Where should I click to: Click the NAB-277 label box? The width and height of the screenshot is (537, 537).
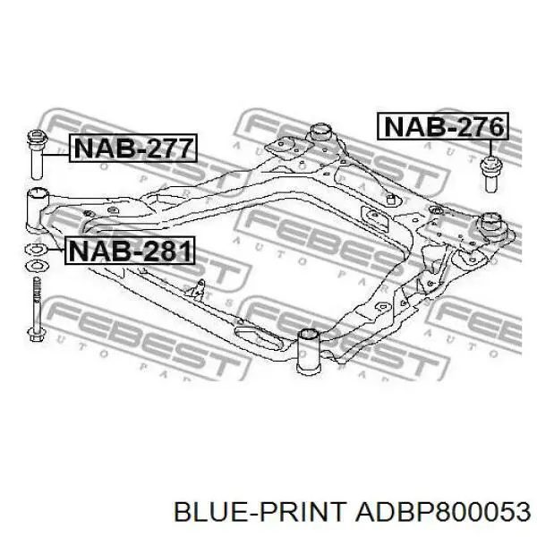[x=133, y=148]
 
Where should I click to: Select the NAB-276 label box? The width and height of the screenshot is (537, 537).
[x=443, y=126]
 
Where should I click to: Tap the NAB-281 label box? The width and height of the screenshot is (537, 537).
[x=130, y=251]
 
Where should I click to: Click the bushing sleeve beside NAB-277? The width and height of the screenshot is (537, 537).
[x=37, y=154]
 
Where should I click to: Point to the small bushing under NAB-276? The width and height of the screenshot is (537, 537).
[x=490, y=174]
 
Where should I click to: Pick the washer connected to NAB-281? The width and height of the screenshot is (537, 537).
[x=37, y=249]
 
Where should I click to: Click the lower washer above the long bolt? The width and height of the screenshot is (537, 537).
[x=37, y=265]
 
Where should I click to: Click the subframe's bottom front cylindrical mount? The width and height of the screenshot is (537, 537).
[x=308, y=350]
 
